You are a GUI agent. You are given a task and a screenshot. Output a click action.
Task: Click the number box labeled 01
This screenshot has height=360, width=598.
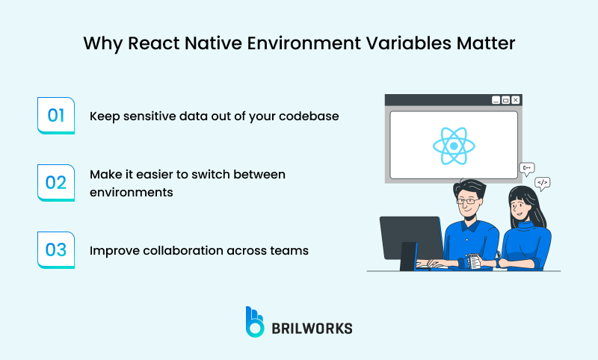[56, 116]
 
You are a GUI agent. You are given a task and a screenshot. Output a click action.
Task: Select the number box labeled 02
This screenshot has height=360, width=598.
[56, 183]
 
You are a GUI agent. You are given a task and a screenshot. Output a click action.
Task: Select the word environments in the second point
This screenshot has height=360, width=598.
[132, 191]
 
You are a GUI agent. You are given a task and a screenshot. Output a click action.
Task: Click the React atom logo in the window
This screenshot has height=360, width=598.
[454, 145]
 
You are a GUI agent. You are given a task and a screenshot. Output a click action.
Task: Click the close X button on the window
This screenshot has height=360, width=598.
[515, 99]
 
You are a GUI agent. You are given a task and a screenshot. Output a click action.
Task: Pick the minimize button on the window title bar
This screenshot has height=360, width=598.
[495, 99]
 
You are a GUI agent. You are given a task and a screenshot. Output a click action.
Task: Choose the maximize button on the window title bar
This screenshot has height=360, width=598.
[505, 99]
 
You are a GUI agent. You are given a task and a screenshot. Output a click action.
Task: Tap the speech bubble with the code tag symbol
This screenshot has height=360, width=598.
[543, 182]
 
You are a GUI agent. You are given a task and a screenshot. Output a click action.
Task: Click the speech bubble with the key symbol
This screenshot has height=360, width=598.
[527, 168]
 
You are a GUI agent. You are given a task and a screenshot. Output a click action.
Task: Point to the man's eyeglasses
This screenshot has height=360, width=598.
[468, 200]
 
